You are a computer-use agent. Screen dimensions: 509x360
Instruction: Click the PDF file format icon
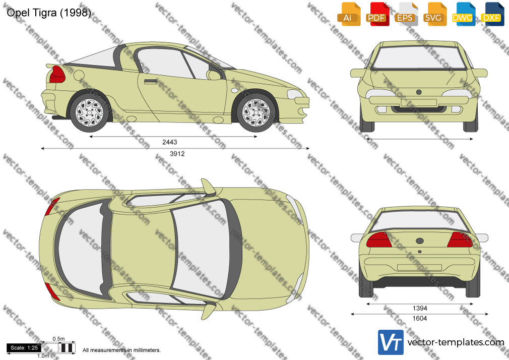(377, 14)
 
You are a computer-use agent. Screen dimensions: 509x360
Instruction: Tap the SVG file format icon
(435, 14)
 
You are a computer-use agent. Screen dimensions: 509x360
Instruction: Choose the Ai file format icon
(349, 14)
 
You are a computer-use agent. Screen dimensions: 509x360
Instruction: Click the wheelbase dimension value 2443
(170, 142)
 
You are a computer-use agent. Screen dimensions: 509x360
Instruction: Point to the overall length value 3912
(177, 154)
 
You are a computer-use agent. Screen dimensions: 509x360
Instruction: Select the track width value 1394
(420, 309)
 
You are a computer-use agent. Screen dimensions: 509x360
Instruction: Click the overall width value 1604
(420, 319)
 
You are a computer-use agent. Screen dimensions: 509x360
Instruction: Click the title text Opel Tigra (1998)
(49, 13)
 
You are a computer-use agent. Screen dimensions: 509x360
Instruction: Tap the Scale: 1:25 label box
(24, 348)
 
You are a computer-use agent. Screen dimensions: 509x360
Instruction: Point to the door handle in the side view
(151, 81)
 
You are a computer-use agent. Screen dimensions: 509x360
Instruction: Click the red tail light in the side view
(57, 75)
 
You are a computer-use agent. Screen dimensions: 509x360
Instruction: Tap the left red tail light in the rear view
(379, 240)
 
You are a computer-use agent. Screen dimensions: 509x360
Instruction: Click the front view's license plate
(419, 103)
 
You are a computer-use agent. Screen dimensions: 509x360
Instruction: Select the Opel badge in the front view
(419, 92)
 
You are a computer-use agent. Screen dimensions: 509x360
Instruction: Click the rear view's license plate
(419, 267)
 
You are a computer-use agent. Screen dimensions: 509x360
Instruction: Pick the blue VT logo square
(391, 342)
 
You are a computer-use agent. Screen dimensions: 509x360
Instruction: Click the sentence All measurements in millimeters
(121, 350)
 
